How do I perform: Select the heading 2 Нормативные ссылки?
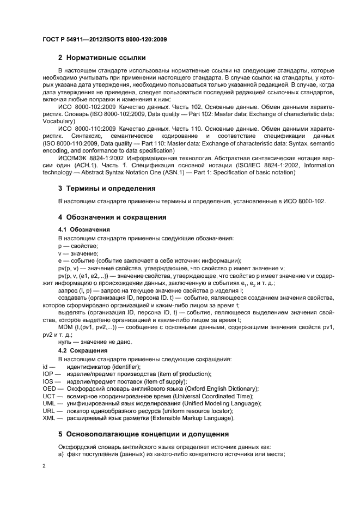[x=101, y=57]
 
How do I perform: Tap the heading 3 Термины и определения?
[x=107, y=188]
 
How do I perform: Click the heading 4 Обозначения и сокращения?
[x=112, y=217]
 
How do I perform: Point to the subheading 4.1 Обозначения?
[x=84, y=230]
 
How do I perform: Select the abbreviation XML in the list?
[x=49, y=418]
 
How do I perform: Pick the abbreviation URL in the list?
[x=49, y=410]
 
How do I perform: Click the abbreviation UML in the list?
[x=49, y=403]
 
